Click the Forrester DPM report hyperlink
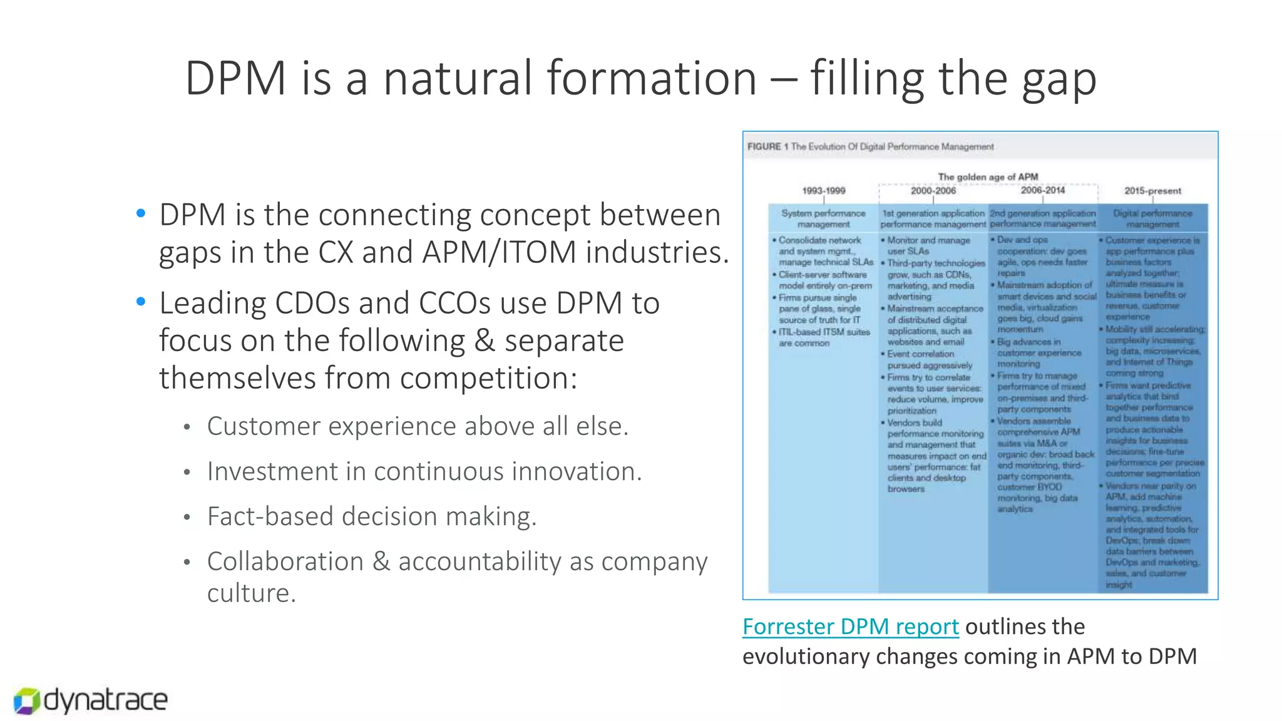850,626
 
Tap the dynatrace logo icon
26,701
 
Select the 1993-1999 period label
823,190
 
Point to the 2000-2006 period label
933,190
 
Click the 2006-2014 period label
1042,190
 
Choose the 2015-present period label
1152,190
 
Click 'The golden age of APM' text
988,176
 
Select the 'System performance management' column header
823,218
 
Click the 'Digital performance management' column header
1152,218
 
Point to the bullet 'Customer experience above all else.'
418,426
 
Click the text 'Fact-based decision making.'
372,516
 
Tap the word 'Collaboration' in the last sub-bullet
285,561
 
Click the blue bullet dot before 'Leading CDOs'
141,302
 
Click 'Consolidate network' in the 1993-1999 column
819,240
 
